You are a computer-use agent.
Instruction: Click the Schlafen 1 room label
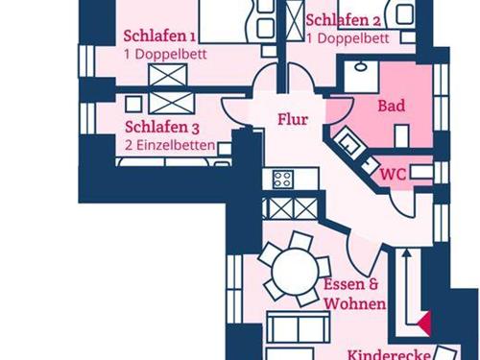coord(159,36)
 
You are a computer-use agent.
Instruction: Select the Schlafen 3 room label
coord(162,127)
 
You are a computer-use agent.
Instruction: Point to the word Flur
coord(292,120)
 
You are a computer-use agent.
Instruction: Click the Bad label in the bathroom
coord(391,106)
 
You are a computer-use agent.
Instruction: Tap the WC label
coord(393,175)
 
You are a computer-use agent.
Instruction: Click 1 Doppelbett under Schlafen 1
coord(165,54)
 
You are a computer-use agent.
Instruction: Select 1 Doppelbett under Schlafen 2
coord(348,39)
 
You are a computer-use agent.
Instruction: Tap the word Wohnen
coord(354,303)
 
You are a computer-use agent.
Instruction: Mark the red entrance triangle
coord(424,322)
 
